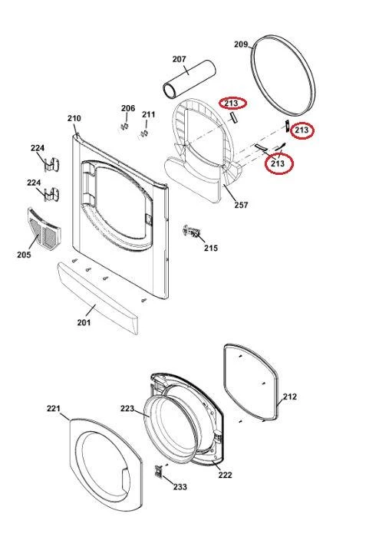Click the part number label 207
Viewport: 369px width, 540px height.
[180, 59]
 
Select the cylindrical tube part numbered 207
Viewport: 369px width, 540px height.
[189, 79]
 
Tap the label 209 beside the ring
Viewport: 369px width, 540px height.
[241, 44]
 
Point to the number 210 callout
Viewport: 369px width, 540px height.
[74, 118]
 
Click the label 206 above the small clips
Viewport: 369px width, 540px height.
[128, 108]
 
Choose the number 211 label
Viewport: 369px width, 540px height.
[149, 114]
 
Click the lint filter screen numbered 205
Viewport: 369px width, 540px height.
[44, 229]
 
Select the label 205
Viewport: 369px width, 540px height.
[24, 255]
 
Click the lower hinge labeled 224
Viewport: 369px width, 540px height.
[53, 195]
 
